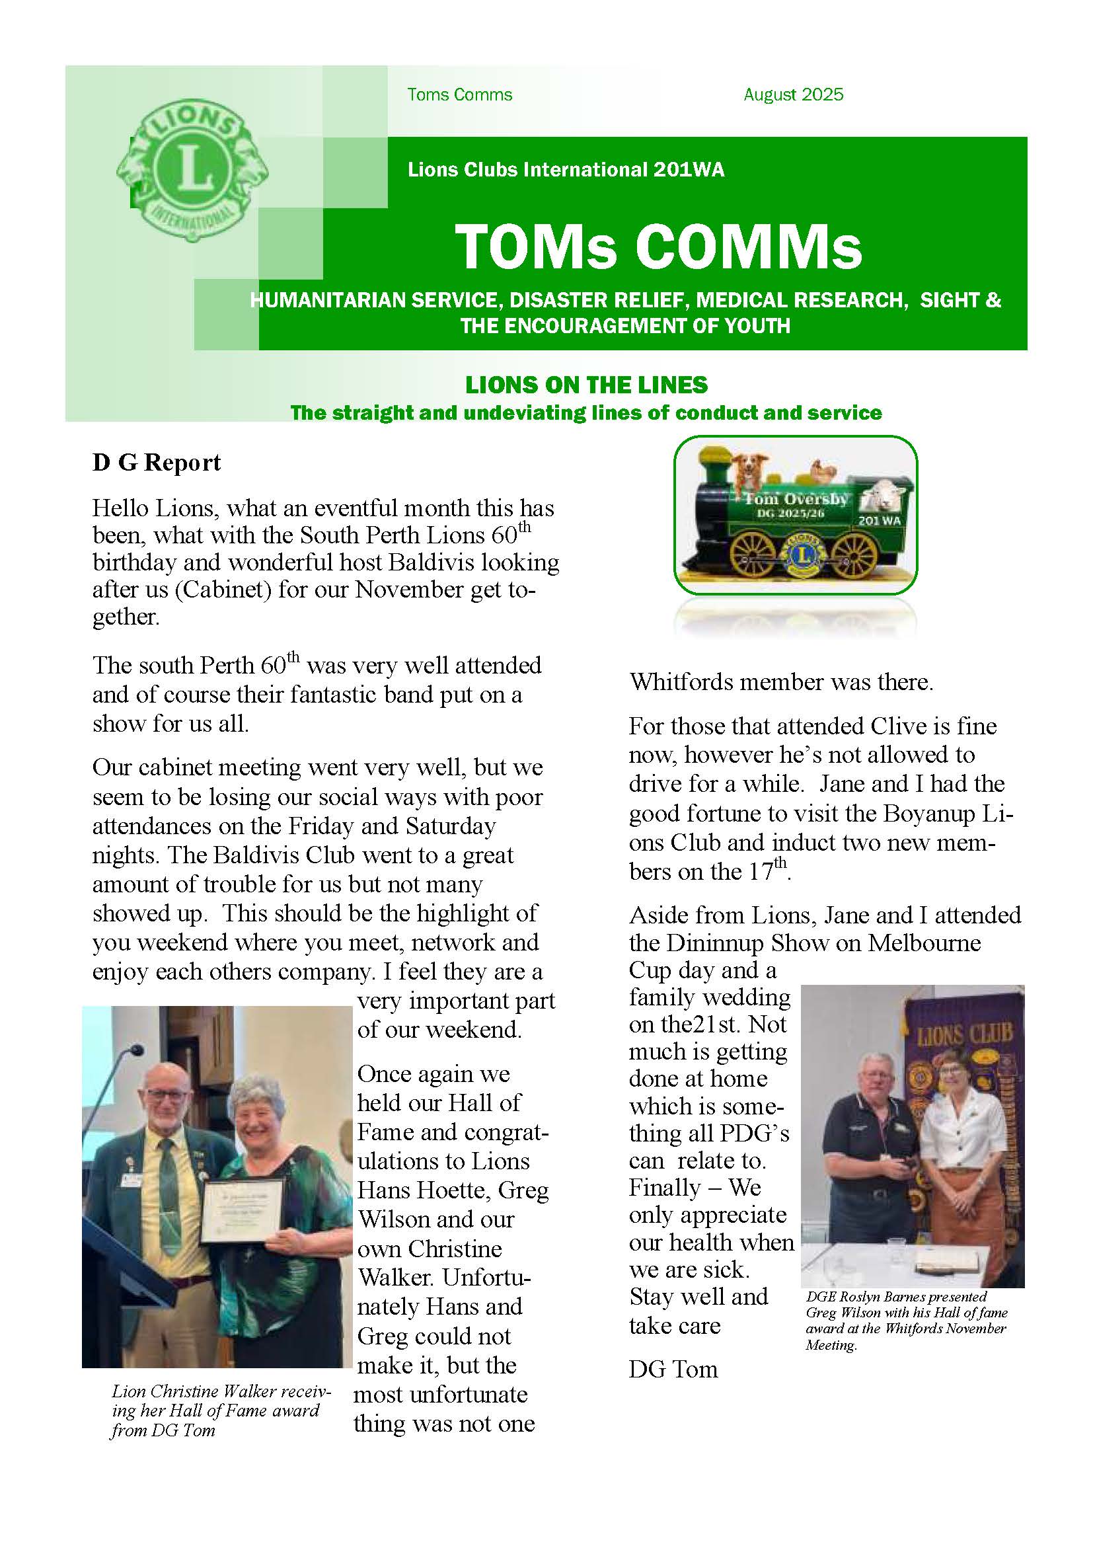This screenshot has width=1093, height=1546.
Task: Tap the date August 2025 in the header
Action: (793, 95)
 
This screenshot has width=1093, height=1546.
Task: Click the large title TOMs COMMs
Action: (658, 247)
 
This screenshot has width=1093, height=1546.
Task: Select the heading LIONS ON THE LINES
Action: (586, 385)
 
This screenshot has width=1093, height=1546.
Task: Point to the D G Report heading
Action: (157, 463)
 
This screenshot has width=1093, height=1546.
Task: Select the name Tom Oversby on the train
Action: (796, 499)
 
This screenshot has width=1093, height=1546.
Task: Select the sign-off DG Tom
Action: (673, 1370)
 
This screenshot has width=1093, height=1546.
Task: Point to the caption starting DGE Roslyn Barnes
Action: (906, 1321)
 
